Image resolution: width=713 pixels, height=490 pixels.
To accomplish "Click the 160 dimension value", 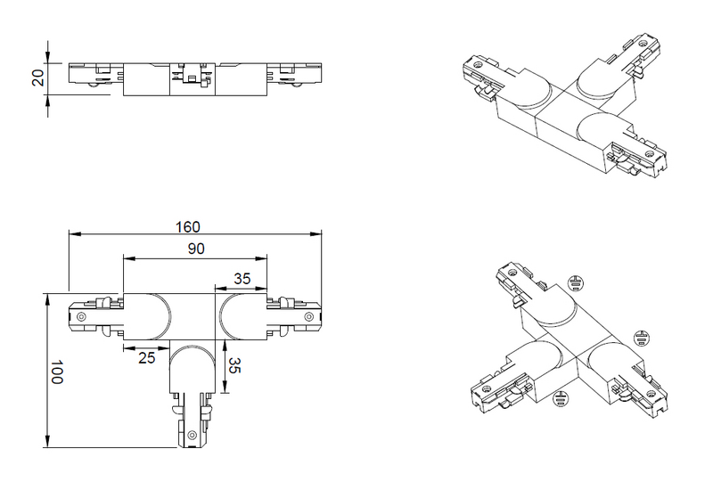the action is click(188, 227).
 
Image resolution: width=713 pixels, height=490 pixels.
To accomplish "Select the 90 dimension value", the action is click(196, 249).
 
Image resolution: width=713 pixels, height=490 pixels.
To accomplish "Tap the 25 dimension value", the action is click(147, 358).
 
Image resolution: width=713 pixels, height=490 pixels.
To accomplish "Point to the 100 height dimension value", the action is click(56, 372).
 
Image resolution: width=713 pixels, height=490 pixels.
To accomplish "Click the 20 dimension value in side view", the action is click(38, 78).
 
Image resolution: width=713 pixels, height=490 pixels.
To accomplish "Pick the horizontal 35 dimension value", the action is click(242, 278).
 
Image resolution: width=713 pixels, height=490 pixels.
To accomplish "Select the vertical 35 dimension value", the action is click(234, 365).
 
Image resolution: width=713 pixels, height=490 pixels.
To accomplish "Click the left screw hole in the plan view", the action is click(81, 316).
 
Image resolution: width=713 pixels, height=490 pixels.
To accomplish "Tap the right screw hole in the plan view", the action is click(309, 316).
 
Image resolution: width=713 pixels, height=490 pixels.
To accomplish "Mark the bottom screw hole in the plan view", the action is click(193, 436).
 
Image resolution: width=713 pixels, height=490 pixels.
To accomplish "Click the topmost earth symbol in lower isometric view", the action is click(575, 283).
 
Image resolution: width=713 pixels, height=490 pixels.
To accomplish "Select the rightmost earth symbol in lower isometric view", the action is click(642, 338).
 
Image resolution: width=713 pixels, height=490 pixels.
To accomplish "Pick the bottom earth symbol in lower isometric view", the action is click(561, 399).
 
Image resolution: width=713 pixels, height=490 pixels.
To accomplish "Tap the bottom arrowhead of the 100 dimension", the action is click(47, 441).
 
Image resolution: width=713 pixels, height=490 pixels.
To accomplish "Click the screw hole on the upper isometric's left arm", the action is click(477, 64).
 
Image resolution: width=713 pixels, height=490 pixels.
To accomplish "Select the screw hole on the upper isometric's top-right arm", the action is click(642, 44).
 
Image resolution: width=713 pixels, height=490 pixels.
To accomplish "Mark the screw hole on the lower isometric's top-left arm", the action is click(512, 273).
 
